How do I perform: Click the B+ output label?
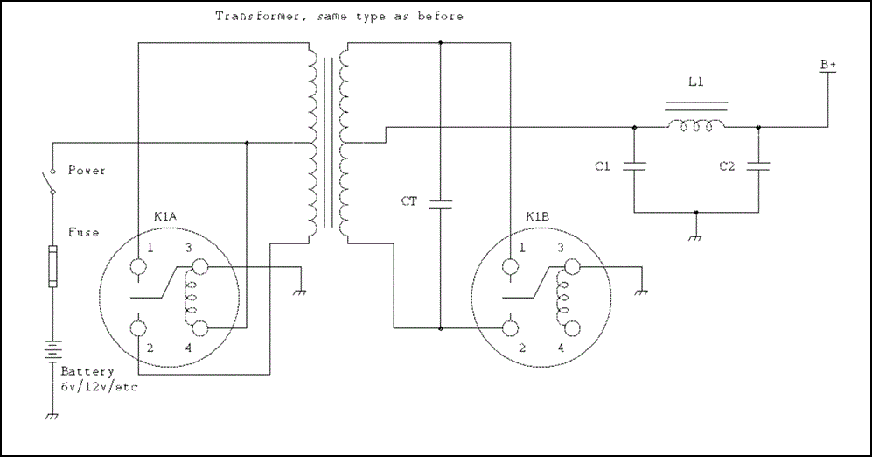point(827,66)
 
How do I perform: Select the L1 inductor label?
point(696,82)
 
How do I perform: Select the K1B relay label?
point(537,216)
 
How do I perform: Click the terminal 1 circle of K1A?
point(139,266)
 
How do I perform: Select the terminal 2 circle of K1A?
point(139,328)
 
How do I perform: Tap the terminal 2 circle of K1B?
point(510,328)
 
